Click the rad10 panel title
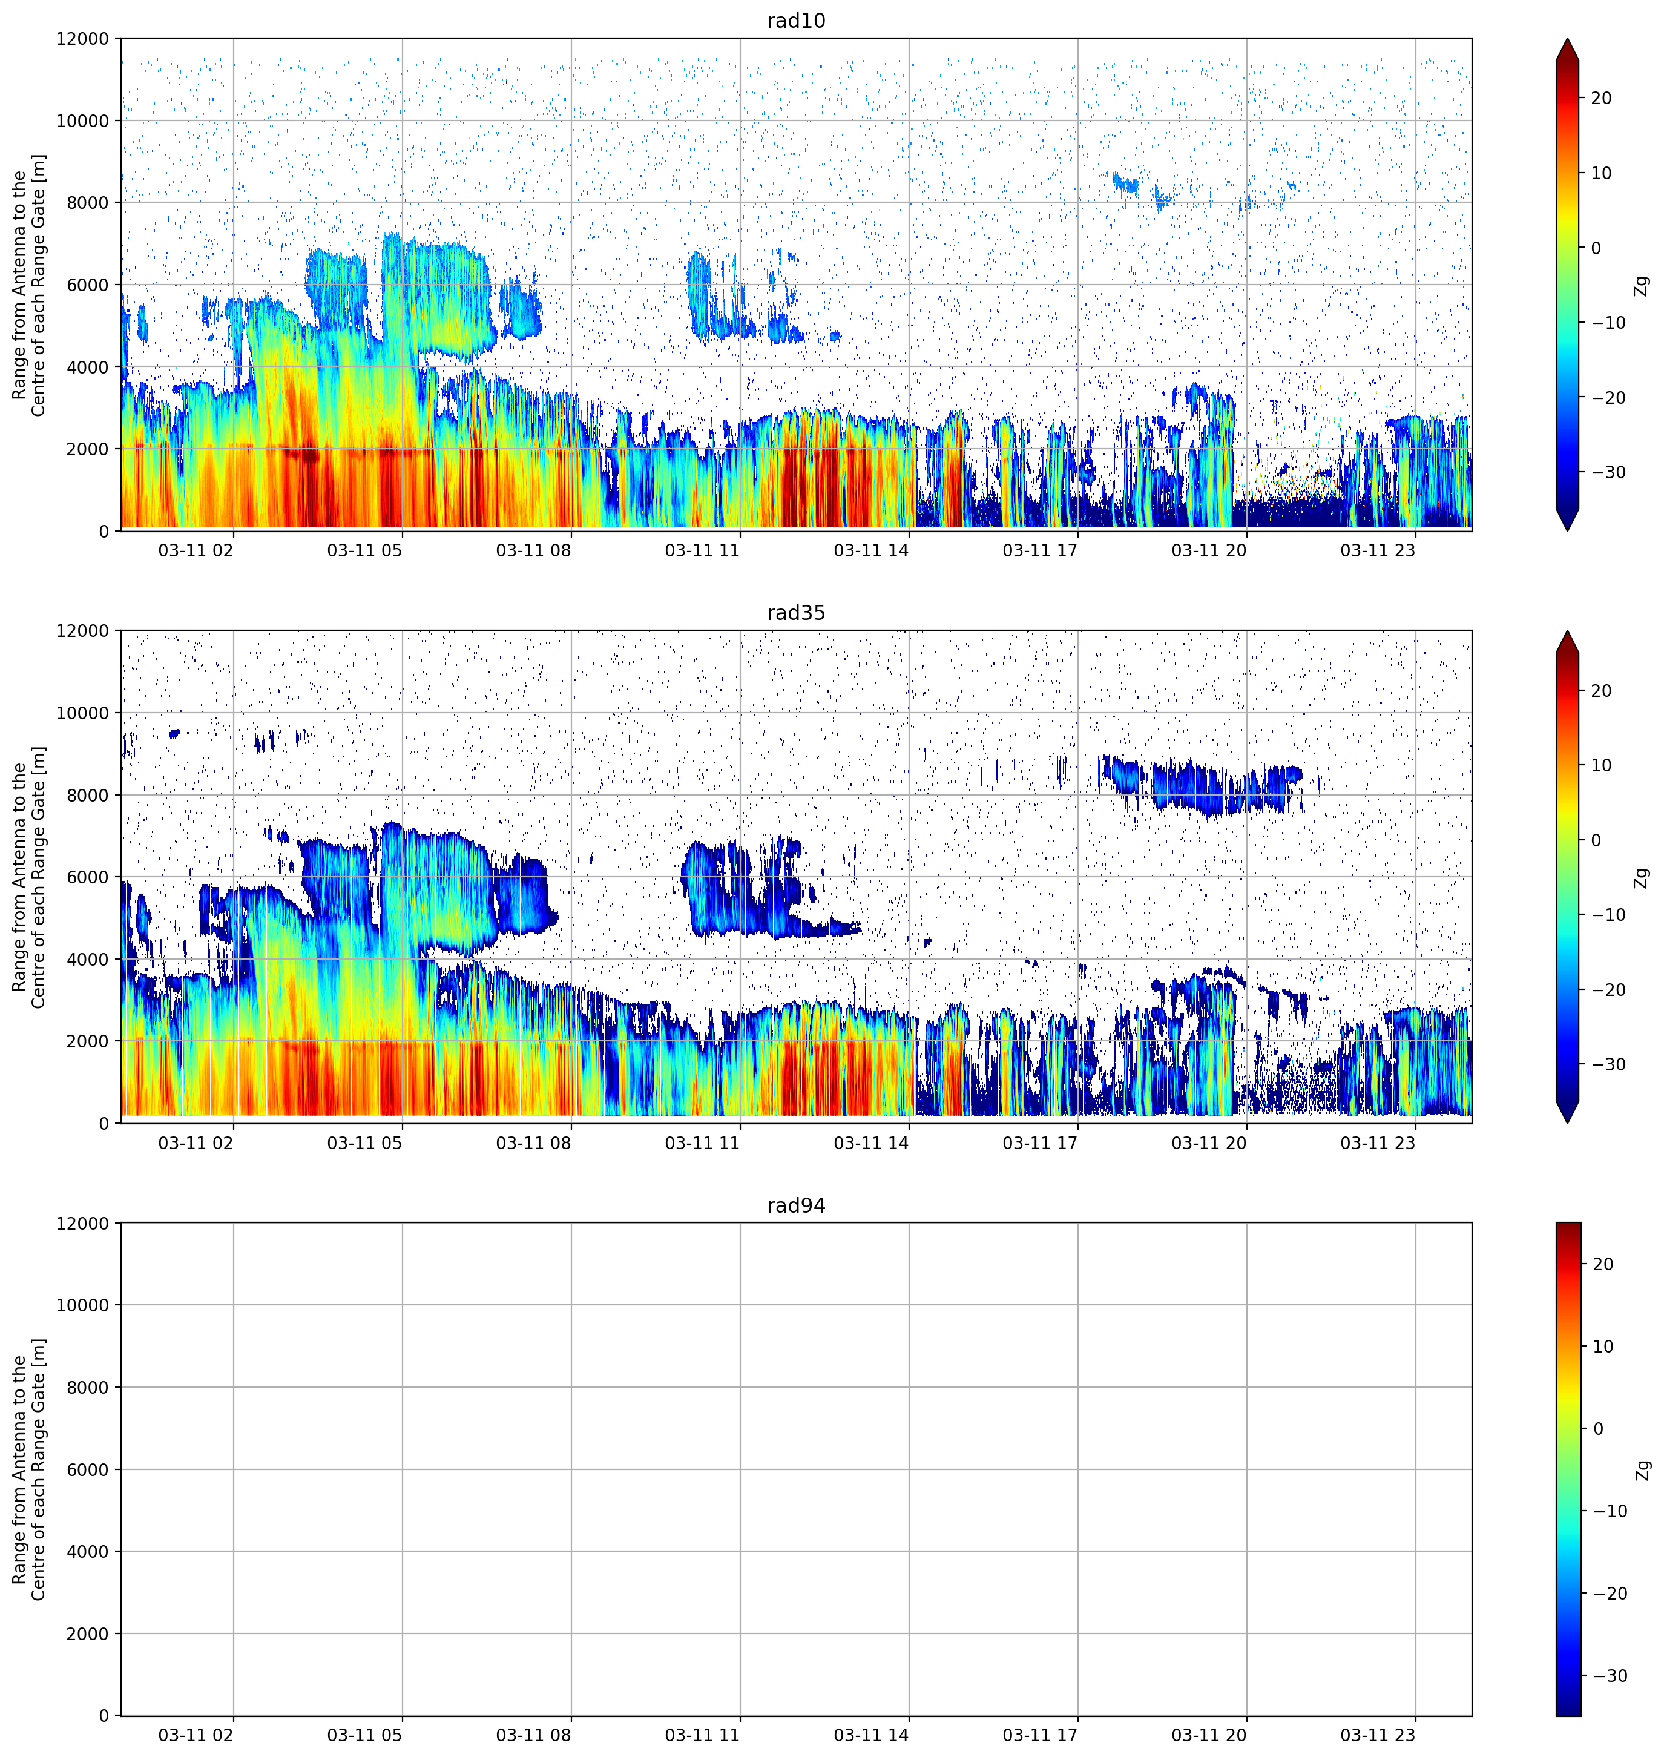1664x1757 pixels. pos(795,21)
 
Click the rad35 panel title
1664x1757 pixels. pos(795,613)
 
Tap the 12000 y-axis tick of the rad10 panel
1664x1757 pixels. pos(82,39)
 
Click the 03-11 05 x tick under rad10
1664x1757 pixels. pos(364,550)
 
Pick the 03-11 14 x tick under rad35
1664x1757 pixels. pos(871,1143)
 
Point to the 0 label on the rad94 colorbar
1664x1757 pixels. pos(1597,1429)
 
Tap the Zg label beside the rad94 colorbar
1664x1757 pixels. pos(1642,1469)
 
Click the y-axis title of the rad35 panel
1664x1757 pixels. pos(28,877)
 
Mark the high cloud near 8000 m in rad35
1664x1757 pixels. pos(1202,785)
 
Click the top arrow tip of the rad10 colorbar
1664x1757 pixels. pos(1567,39)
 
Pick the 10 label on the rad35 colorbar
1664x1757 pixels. pos(1601,765)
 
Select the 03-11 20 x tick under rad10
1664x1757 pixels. pos(1209,550)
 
